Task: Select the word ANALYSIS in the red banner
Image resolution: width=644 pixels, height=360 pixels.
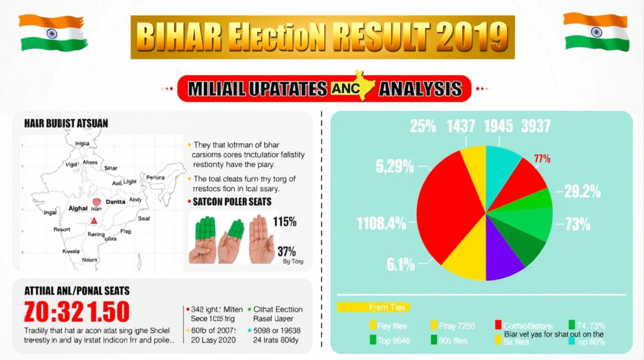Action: tap(421, 88)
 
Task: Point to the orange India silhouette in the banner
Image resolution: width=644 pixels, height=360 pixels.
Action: tap(364, 88)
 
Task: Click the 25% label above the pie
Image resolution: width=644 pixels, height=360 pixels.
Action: tap(423, 126)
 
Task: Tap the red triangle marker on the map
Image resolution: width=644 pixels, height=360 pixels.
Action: tap(94, 220)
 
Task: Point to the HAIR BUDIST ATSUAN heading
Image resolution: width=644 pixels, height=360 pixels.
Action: tap(67, 124)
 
